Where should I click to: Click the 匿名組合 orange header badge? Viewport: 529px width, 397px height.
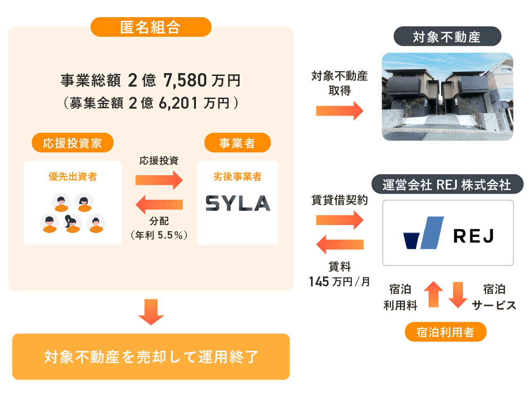[x=151, y=27]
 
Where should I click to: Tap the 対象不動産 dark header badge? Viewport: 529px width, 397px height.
[x=447, y=37]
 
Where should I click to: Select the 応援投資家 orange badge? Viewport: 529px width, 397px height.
[x=72, y=143]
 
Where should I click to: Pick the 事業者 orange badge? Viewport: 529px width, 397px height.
[x=237, y=143]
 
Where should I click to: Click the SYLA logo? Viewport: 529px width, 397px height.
[x=238, y=203]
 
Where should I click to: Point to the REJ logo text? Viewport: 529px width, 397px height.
[x=473, y=236]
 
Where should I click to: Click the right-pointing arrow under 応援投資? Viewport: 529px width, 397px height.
[x=159, y=180]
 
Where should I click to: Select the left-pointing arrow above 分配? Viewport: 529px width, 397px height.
[x=159, y=204]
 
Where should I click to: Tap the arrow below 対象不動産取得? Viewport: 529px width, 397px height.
[x=340, y=110]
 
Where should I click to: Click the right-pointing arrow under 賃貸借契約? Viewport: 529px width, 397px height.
[x=340, y=220]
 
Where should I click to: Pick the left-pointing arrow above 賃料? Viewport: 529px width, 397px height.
[x=340, y=244]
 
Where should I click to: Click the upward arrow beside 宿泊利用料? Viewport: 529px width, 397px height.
[x=433, y=294]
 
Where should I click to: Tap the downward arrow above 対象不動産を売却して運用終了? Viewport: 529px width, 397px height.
[x=151, y=312]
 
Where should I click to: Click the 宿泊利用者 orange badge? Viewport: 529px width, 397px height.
[x=445, y=332]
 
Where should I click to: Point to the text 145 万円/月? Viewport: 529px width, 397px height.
[x=340, y=282]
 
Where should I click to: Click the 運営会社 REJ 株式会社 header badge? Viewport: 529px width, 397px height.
[x=447, y=185]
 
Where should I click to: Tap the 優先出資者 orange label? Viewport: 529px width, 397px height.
[x=73, y=176]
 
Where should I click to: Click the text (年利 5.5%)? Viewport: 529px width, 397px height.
[x=159, y=235]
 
